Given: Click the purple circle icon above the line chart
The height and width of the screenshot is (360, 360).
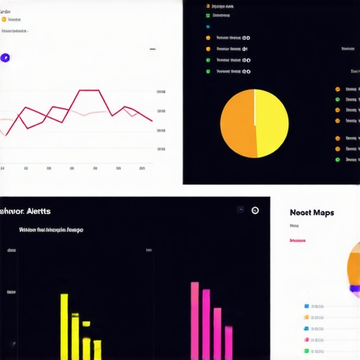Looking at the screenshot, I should (6, 58).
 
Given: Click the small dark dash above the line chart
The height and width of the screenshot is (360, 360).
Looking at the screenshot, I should (153, 49).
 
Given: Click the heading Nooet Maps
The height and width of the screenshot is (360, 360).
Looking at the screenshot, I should (311, 212).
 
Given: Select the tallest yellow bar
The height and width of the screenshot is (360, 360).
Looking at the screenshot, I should (64, 326).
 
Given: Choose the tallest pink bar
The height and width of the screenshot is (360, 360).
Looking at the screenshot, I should (195, 321).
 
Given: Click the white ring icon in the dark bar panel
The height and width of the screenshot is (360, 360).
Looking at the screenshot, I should (255, 210).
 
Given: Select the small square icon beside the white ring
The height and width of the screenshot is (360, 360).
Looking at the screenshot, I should (240, 210).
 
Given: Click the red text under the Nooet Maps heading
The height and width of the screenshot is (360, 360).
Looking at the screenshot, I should (297, 240).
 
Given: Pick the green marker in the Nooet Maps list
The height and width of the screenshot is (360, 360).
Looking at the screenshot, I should (307, 350).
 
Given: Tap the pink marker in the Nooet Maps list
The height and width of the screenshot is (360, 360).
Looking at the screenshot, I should (307, 339).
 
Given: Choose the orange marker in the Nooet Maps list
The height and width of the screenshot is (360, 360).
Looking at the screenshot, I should (307, 328).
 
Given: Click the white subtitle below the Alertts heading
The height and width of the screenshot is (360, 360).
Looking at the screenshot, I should (51, 229).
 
